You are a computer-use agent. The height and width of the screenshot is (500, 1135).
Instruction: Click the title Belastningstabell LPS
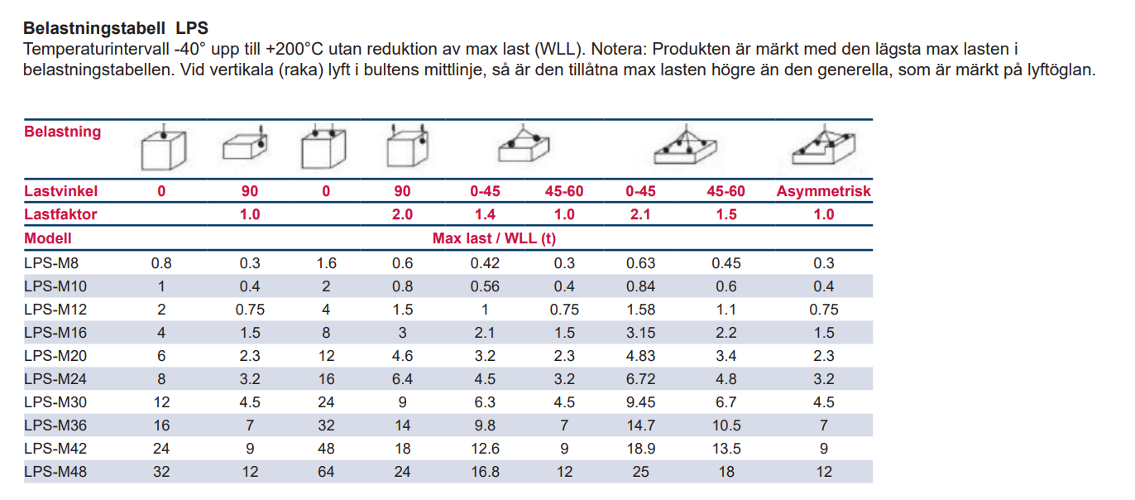pyautogui.click(x=116, y=29)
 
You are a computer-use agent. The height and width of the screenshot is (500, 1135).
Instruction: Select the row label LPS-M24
pyautogui.click(x=55, y=379)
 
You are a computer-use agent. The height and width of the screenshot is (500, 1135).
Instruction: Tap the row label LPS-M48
pyautogui.click(x=55, y=472)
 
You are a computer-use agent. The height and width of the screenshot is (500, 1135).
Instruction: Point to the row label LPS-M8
pyautogui.click(x=52, y=263)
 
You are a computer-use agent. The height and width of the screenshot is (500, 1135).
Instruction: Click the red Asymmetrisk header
pyautogui.click(x=823, y=191)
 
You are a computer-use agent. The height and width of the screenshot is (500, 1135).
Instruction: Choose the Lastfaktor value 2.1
pyautogui.click(x=640, y=214)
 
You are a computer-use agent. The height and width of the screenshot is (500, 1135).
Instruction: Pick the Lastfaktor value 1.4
pyautogui.click(x=485, y=214)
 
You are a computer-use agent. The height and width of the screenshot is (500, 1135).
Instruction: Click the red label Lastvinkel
pyautogui.click(x=61, y=191)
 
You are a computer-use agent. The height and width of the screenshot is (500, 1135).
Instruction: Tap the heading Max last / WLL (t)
pyautogui.click(x=494, y=238)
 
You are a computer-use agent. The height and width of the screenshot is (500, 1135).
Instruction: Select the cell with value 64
pyautogui.click(x=326, y=472)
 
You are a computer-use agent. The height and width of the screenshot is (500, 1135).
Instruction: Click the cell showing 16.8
pyautogui.click(x=485, y=472)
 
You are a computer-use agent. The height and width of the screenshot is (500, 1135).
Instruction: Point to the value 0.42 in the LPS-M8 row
pyautogui.click(x=485, y=263)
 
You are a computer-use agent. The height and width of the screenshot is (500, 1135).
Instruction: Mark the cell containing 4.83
pyautogui.click(x=640, y=356)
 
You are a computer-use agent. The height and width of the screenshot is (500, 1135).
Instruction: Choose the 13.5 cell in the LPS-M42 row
pyautogui.click(x=726, y=449)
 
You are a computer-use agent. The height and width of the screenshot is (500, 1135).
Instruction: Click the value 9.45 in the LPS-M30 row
pyautogui.click(x=640, y=402)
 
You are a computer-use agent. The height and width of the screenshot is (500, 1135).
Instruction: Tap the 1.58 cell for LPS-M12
pyautogui.click(x=640, y=310)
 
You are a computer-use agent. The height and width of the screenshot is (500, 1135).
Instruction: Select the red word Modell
pyautogui.click(x=48, y=238)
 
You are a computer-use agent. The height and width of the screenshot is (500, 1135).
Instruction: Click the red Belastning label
pyautogui.click(x=63, y=132)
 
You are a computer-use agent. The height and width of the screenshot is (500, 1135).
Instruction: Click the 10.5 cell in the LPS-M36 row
pyautogui.click(x=726, y=425)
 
